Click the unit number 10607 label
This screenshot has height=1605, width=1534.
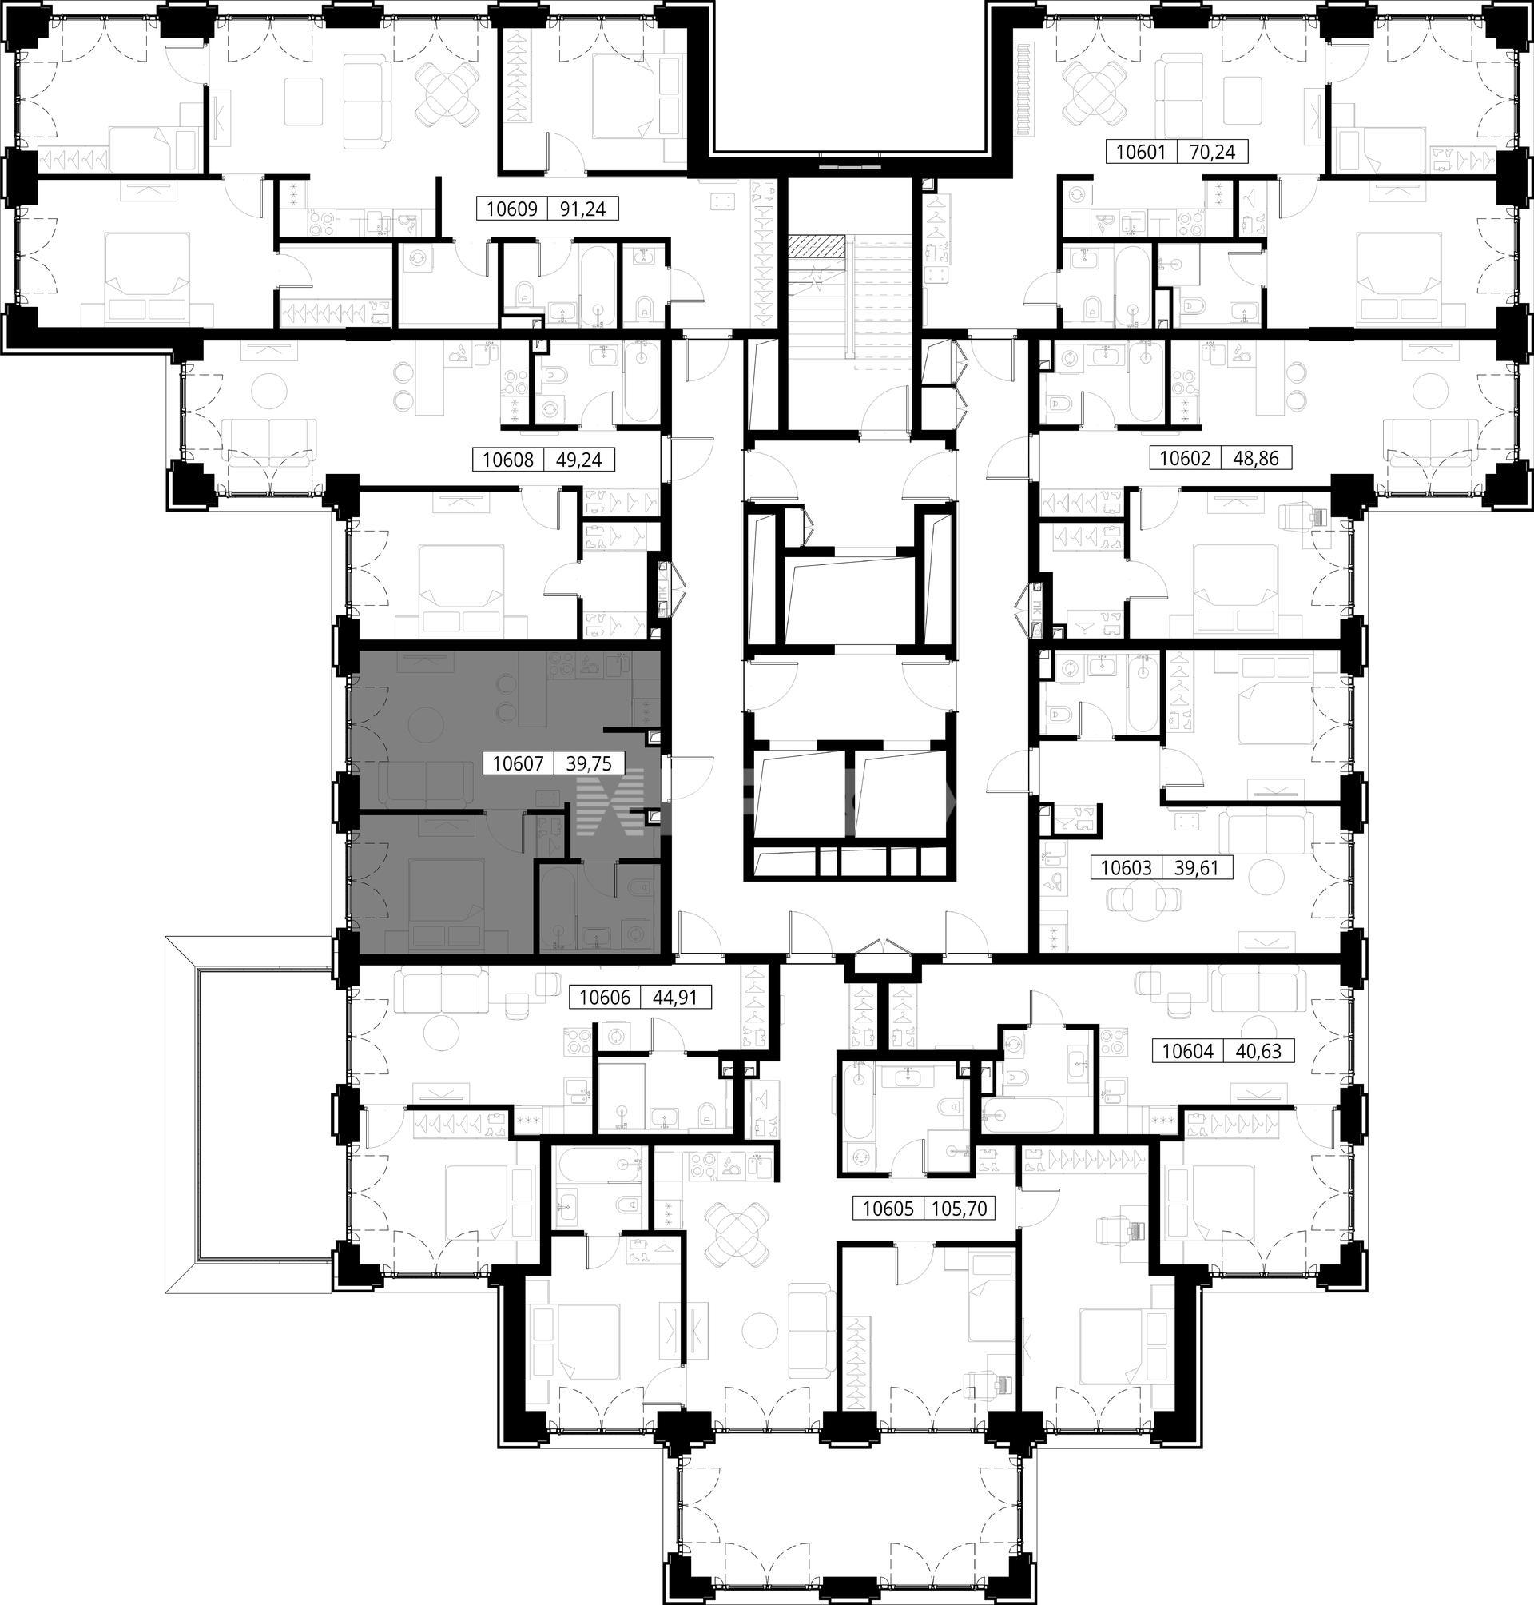[x=518, y=764]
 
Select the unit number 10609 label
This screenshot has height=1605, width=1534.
[x=512, y=209]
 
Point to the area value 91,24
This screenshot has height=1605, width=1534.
[x=583, y=209]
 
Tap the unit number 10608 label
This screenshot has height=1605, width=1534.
[x=508, y=460]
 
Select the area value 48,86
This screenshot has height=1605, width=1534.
[x=1256, y=458]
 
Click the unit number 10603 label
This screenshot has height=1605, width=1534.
[x=1126, y=868]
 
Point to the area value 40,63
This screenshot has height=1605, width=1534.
[x=1258, y=1051]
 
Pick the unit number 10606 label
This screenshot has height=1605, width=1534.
[x=605, y=998]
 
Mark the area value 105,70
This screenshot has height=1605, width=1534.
[x=960, y=1209]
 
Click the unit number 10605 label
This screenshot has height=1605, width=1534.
[x=888, y=1209]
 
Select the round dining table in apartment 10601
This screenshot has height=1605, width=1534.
[x=1091, y=90]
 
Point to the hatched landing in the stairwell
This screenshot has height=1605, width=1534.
[x=816, y=245]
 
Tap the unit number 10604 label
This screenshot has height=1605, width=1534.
[x=1187, y=1051]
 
